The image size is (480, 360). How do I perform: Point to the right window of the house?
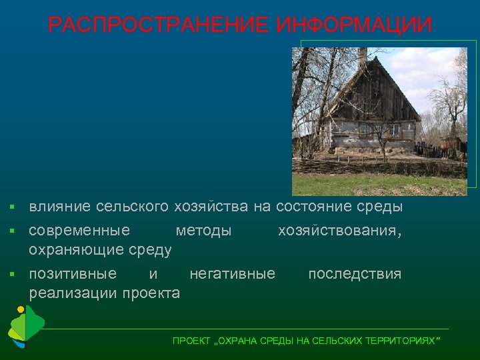click(x=393, y=130)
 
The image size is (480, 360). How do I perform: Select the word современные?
click(x=79, y=231)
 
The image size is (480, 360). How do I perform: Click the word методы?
click(x=203, y=231)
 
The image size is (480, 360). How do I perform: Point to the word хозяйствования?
click(x=339, y=231)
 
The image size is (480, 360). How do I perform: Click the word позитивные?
click(x=73, y=274)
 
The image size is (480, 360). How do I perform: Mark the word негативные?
click(x=232, y=274)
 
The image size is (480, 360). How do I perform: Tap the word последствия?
click(x=355, y=274)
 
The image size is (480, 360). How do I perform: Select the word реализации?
click(x=71, y=293)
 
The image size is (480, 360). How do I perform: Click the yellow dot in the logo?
click(x=21, y=309)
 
